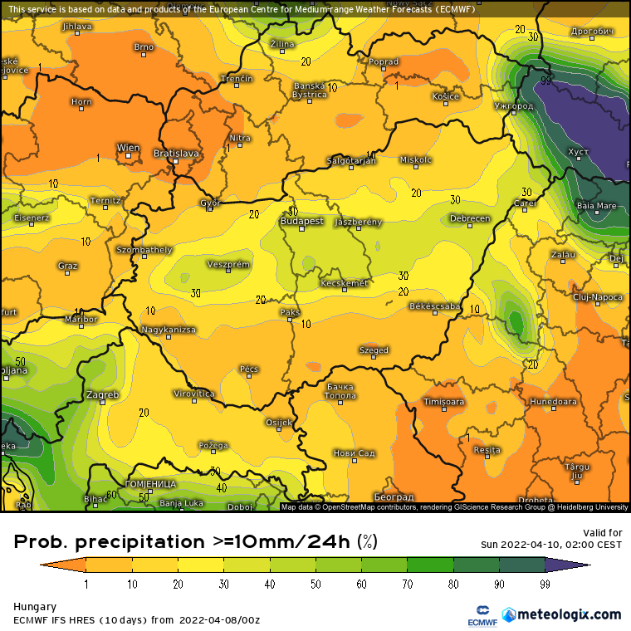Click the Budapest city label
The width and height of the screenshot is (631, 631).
[x=301, y=222]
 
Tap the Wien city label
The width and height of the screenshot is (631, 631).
[x=128, y=149]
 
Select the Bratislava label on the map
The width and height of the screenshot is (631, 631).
[x=177, y=154]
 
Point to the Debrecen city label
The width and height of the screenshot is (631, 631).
[x=469, y=219]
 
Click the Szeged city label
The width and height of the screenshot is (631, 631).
[x=374, y=350]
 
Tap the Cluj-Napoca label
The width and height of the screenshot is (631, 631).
[x=598, y=296]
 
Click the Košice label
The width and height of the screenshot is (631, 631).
[x=445, y=97]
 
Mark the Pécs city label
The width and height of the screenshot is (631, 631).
[x=249, y=369]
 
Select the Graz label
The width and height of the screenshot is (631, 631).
[x=67, y=266]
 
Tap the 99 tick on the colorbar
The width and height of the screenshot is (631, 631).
[x=545, y=585]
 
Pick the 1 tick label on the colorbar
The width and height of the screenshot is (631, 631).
[x=86, y=585]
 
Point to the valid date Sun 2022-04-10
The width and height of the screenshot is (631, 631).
[x=551, y=545]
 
